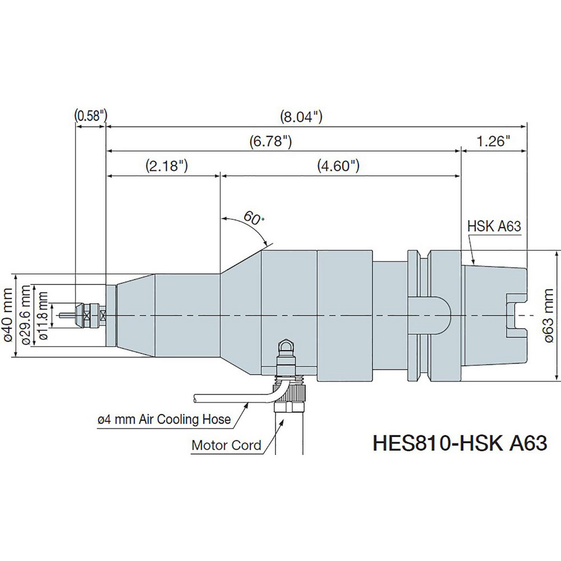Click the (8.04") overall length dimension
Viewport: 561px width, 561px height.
[301, 117]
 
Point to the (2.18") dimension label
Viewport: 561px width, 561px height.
[165, 166]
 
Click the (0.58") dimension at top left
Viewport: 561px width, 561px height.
[90, 116]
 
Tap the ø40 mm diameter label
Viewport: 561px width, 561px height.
[8, 315]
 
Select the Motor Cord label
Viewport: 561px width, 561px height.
[227, 445]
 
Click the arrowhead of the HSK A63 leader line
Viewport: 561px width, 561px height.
[476, 262]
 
